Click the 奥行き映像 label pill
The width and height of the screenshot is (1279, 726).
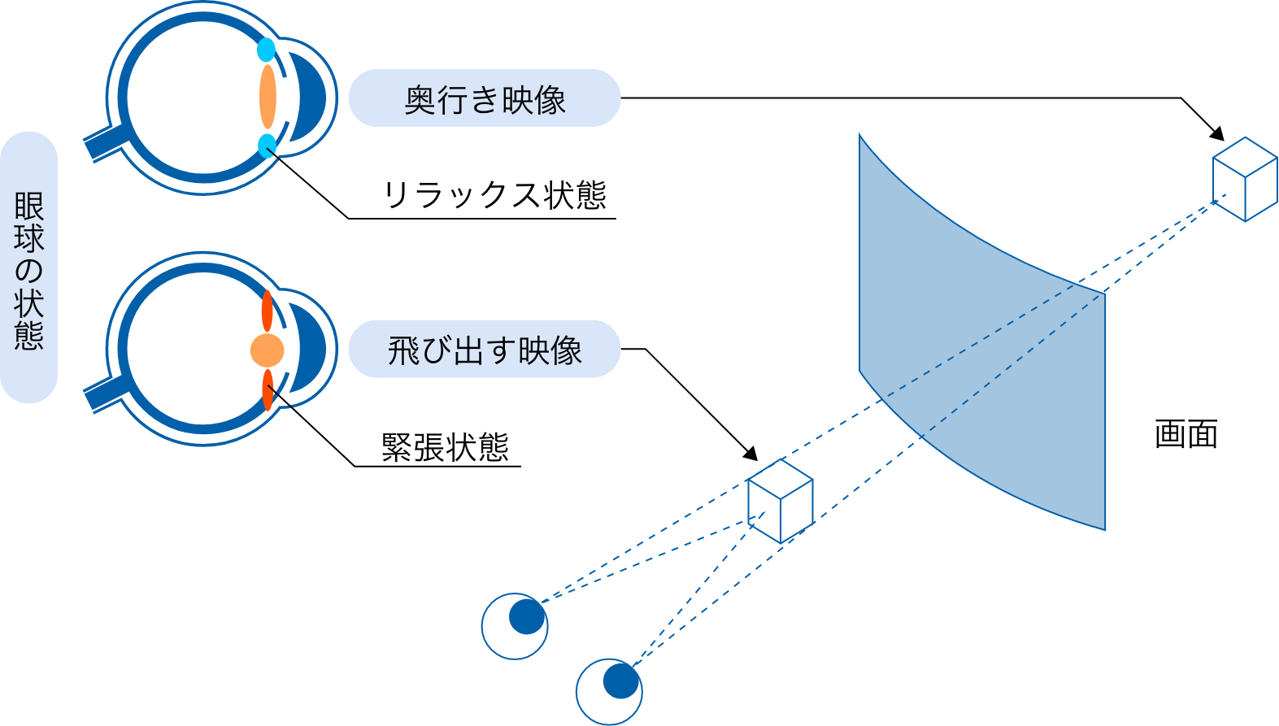click(484, 98)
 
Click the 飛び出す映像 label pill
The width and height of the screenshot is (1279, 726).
click(484, 350)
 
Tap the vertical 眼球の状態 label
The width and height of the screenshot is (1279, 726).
click(29, 268)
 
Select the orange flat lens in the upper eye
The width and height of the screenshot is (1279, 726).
click(268, 98)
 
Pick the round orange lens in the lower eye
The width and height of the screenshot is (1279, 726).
click(267, 351)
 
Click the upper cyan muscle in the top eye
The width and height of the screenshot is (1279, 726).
click(266, 50)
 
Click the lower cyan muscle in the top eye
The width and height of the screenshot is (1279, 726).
click(266, 146)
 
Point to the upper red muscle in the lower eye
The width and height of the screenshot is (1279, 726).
click(267, 311)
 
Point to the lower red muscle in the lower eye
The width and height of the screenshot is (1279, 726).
click(267, 390)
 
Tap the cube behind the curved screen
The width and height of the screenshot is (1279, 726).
click(1244, 180)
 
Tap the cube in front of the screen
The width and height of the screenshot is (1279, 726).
click(780, 501)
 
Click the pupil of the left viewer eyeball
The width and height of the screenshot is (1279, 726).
click(527, 617)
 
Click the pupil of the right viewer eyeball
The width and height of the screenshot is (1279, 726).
click(621, 681)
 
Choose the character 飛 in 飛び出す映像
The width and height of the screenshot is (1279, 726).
click(403, 350)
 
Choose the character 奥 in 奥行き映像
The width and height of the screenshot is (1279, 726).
click(420, 99)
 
